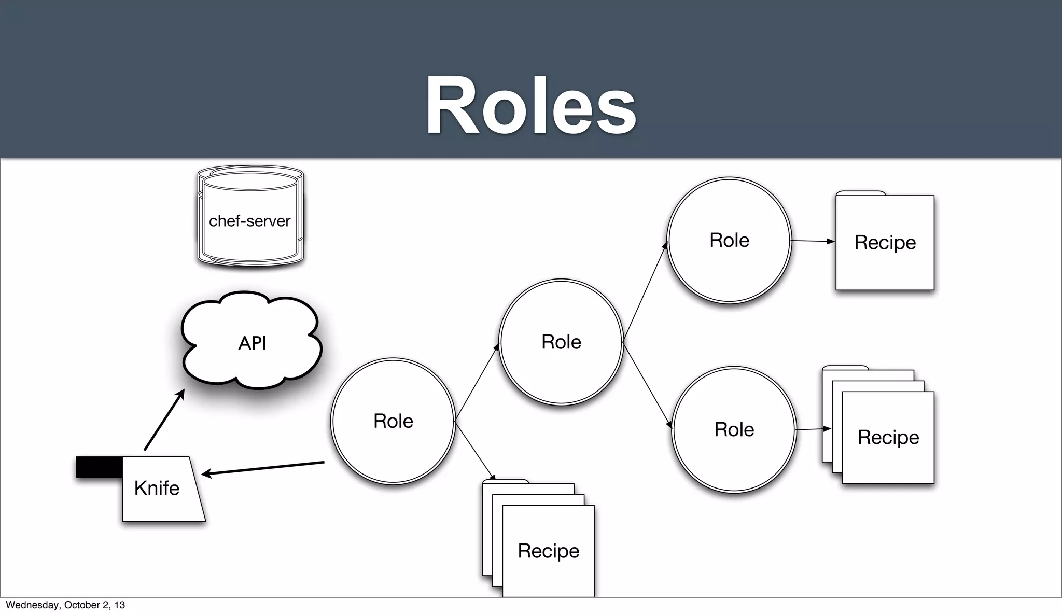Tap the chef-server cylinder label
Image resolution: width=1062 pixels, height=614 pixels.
click(x=249, y=221)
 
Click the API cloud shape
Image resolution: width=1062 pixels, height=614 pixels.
click(x=252, y=343)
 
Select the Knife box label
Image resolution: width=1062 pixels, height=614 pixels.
click(x=157, y=488)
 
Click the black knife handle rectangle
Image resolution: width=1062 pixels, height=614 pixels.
click(x=99, y=467)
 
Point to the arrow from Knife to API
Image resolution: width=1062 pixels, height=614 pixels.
click(x=164, y=421)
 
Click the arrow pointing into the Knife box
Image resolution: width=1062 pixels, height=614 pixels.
click(x=262, y=468)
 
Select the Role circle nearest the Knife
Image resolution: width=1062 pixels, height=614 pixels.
click(x=393, y=421)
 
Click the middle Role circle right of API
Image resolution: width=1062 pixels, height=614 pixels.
click(x=561, y=342)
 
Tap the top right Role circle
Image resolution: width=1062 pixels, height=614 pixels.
click(x=729, y=240)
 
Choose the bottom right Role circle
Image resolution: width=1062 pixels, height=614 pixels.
click(x=734, y=429)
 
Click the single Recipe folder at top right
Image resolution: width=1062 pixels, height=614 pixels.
click(x=885, y=242)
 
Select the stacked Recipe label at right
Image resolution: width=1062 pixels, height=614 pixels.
click(x=888, y=437)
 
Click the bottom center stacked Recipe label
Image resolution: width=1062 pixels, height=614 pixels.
click(x=548, y=551)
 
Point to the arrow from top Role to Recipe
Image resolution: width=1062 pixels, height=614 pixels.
click(x=813, y=241)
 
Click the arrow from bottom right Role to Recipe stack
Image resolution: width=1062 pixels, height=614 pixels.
click(x=813, y=429)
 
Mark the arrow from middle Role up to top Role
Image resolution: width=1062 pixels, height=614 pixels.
click(x=645, y=292)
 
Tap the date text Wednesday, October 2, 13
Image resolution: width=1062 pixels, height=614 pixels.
click(x=65, y=605)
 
